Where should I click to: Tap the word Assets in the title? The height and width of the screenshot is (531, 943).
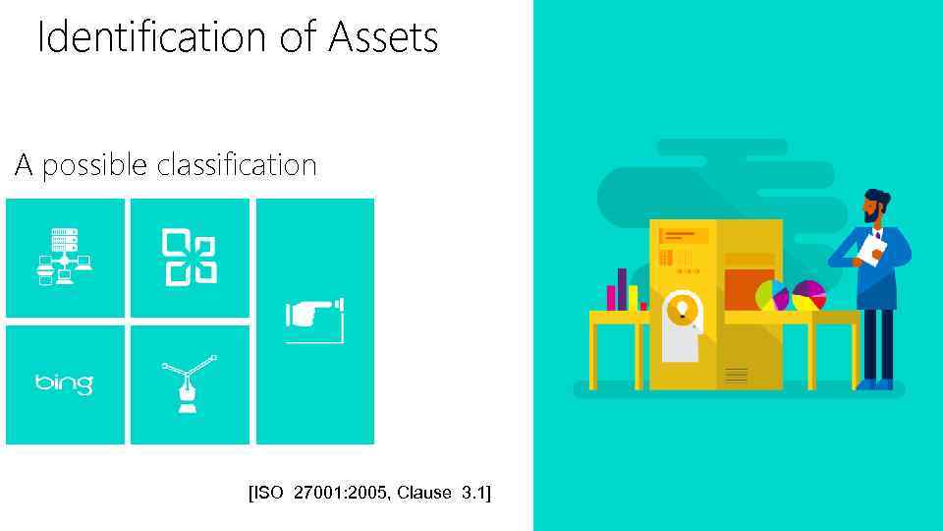tap(383, 38)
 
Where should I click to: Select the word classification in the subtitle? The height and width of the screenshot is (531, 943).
tap(237, 164)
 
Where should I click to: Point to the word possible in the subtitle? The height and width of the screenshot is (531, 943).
tap(95, 166)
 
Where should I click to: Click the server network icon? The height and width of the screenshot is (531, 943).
tap(65, 257)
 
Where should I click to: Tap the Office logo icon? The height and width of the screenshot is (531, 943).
tap(189, 257)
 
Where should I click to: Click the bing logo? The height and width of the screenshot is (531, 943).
tap(65, 383)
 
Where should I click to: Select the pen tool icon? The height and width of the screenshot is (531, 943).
tap(189, 383)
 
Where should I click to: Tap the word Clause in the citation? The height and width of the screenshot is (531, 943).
tap(425, 492)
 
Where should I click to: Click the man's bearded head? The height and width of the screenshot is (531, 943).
tap(875, 206)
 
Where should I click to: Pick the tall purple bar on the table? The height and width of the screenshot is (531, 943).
tap(622, 289)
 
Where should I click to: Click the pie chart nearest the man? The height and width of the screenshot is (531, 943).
tap(808, 295)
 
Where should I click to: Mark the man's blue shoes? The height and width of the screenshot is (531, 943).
tap(875, 383)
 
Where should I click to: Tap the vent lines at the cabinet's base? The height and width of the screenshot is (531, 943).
tap(736, 375)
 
